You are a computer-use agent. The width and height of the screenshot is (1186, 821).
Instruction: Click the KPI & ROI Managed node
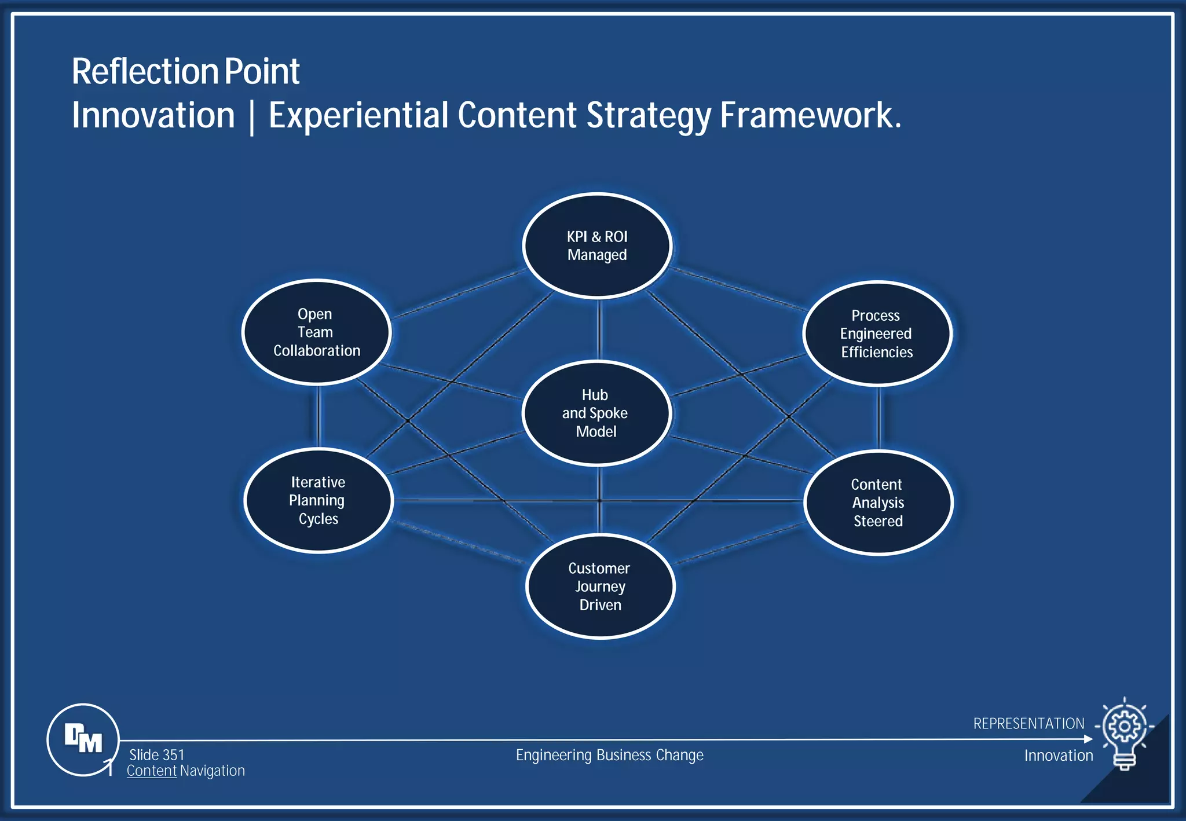point(597,245)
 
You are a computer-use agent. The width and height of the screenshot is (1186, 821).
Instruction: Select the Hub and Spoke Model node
point(596,413)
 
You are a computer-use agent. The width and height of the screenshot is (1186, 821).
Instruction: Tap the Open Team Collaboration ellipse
point(316,332)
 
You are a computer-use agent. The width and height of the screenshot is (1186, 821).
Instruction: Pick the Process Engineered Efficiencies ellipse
point(877,333)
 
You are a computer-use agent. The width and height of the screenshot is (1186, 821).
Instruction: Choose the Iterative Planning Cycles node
point(319,500)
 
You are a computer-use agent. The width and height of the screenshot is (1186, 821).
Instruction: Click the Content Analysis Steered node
point(878,503)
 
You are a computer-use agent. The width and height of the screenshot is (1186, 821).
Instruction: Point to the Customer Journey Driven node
point(600,587)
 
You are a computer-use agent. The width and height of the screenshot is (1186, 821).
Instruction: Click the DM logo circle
point(83,739)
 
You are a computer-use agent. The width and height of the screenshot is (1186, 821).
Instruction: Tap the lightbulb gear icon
point(1125,733)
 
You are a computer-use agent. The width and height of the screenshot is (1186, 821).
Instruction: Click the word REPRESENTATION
point(1028,724)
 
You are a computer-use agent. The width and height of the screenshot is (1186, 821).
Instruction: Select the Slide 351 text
point(156,755)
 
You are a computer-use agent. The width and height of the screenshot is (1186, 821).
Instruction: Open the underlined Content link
point(151,771)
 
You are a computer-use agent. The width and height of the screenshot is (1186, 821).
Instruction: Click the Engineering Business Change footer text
point(609,755)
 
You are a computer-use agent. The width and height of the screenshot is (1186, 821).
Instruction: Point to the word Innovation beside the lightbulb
point(1058,756)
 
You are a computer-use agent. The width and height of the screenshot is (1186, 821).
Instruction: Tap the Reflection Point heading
point(185,72)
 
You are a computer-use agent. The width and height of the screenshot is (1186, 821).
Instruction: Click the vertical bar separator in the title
point(251,116)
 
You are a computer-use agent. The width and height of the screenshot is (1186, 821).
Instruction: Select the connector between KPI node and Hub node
point(599,329)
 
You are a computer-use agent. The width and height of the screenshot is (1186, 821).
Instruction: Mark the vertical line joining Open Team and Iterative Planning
point(319,416)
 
